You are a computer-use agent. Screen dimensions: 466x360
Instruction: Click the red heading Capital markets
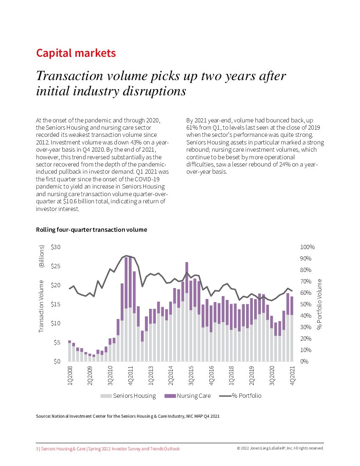coord(76,53)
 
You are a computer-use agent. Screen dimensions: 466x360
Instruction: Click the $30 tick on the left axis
coord(55,247)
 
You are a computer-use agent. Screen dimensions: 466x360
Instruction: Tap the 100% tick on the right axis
coord(307,247)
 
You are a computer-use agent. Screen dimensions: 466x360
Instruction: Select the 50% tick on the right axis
coord(306,304)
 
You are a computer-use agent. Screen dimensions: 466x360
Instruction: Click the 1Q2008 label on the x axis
coord(70,375)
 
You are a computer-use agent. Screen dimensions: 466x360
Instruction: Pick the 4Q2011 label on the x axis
coord(131,375)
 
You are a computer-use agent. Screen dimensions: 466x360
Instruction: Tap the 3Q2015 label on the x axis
coord(191,375)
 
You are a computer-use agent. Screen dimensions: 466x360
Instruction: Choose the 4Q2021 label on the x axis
coord(292,375)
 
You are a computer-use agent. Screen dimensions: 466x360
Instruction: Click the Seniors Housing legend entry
coord(128,396)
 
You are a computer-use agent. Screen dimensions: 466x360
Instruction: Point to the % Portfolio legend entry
coord(240,396)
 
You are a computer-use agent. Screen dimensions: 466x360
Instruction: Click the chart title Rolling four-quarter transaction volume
coord(91,230)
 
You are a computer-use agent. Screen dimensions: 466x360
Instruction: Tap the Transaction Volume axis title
coord(42,305)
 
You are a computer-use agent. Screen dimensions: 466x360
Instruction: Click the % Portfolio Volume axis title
coord(320,304)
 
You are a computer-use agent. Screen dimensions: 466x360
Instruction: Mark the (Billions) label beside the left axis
coord(42,256)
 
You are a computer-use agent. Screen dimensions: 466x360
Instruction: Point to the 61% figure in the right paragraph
coord(192,128)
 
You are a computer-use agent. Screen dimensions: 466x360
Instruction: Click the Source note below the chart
coord(127,416)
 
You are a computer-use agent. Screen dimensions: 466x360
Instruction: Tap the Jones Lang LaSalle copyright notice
coord(280,448)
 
